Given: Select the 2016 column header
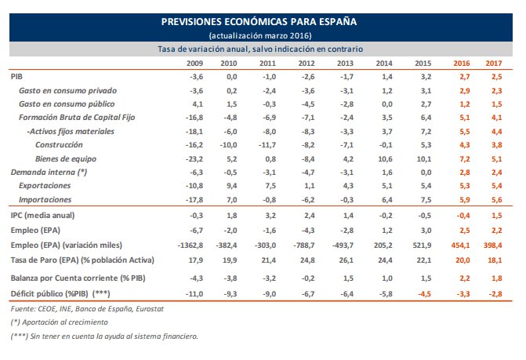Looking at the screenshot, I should pos(462,62).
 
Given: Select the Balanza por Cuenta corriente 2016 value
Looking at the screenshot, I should pos(463,278).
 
